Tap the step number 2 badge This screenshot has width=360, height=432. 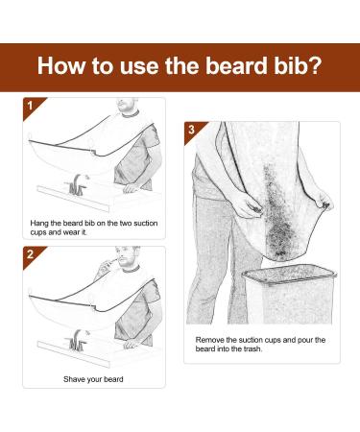[x=30, y=254]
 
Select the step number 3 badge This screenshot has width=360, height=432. [x=192, y=129]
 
